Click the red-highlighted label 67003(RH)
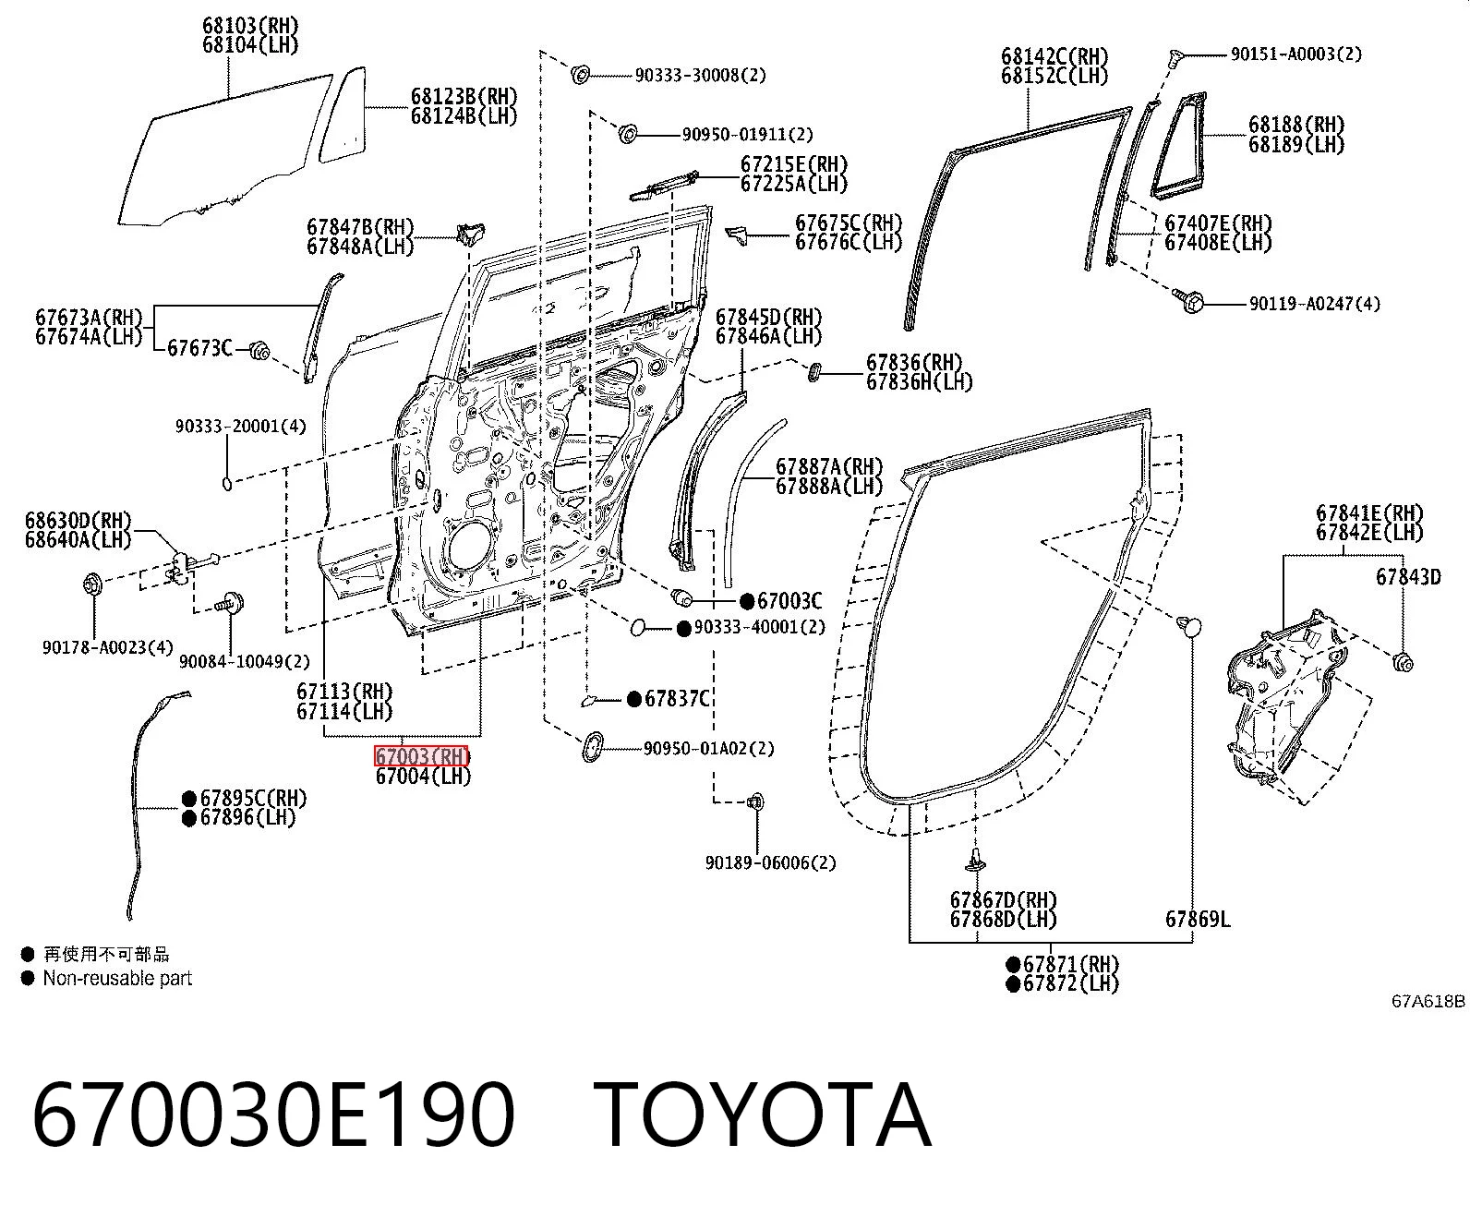pyautogui.click(x=421, y=756)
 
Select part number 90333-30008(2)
pyautogui.click(x=701, y=75)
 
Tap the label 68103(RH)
pyautogui.click(x=250, y=25)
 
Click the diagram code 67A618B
pyautogui.click(x=1428, y=1001)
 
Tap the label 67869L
pyautogui.click(x=1198, y=919)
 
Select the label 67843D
pyautogui.click(x=1408, y=577)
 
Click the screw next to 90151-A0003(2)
pyautogui.click(x=1175, y=57)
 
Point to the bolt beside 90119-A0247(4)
pyautogui.click(x=1189, y=301)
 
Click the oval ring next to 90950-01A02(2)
pyautogui.click(x=593, y=746)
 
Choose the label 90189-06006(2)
pyautogui.click(x=771, y=862)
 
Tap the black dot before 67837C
pyautogui.click(x=634, y=699)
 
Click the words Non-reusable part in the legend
pyautogui.click(x=117, y=978)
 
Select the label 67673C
pyautogui.click(x=200, y=348)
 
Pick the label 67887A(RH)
pyautogui.click(x=829, y=466)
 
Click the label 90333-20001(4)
pyautogui.click(x=241, y=426)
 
